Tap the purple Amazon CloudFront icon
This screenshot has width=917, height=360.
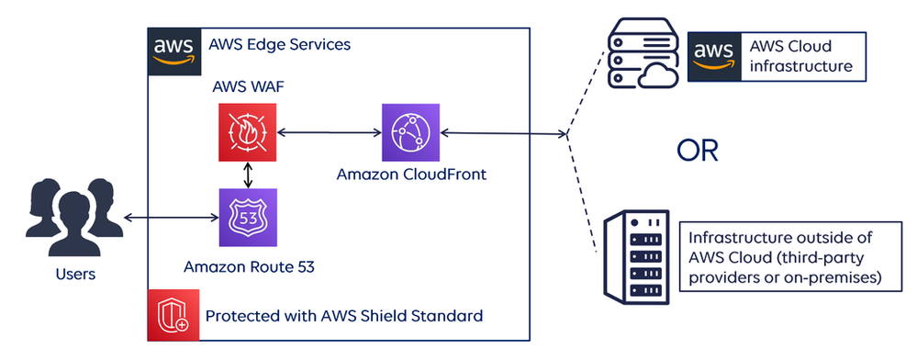pos(411,132)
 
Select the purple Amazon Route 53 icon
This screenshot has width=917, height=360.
pos(248,218)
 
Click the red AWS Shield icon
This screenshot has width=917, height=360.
pos(173,316)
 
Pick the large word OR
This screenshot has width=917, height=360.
pos(697,151)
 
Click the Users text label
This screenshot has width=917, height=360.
pos(75,274)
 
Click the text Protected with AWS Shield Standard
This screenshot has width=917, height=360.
pos(343,316)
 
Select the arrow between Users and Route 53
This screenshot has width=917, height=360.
pos(170,218)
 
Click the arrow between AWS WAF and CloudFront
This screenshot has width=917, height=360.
pos(330,133)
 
